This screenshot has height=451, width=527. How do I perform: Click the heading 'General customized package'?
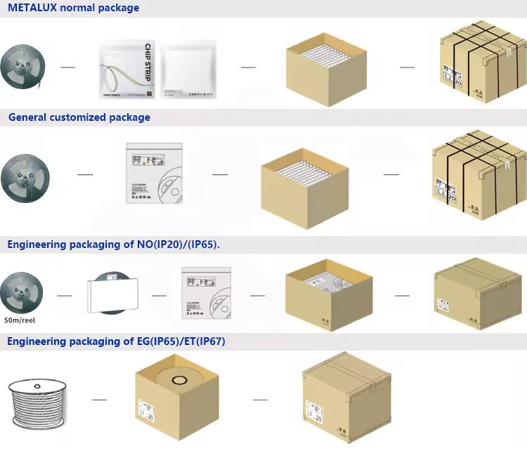coord(79,117)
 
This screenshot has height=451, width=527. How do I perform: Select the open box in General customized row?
coord(305,178)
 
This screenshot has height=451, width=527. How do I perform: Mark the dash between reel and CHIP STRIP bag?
coord(67,67)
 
